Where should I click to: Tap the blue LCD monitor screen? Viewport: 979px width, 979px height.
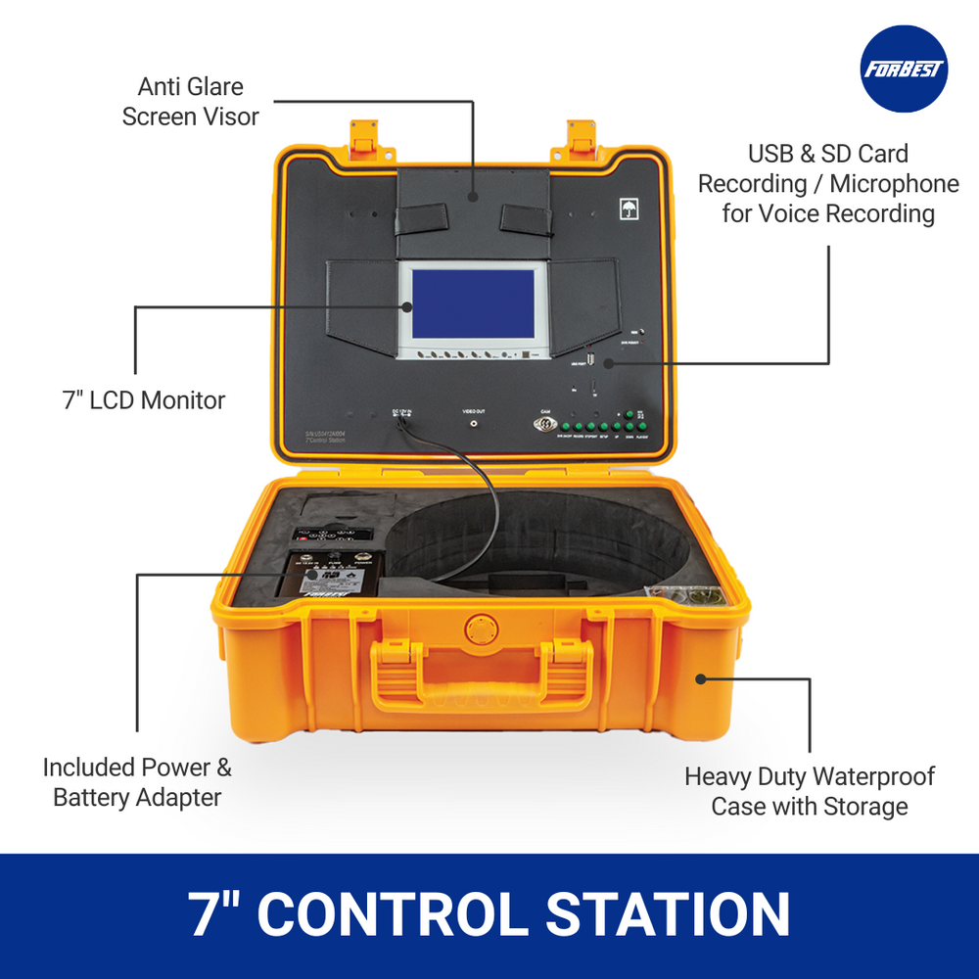[x=472, y=305]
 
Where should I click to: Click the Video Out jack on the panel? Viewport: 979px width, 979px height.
[x=475, y=424]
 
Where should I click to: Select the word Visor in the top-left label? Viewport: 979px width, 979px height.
[x=227, y=117]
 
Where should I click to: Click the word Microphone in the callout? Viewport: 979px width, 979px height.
[x=895, y=184]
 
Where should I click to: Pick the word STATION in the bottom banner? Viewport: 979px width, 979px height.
[x=668, y=914]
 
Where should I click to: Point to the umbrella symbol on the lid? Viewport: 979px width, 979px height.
[x=627, y=209]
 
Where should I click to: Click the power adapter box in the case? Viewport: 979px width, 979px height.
[x=333, y=579]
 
